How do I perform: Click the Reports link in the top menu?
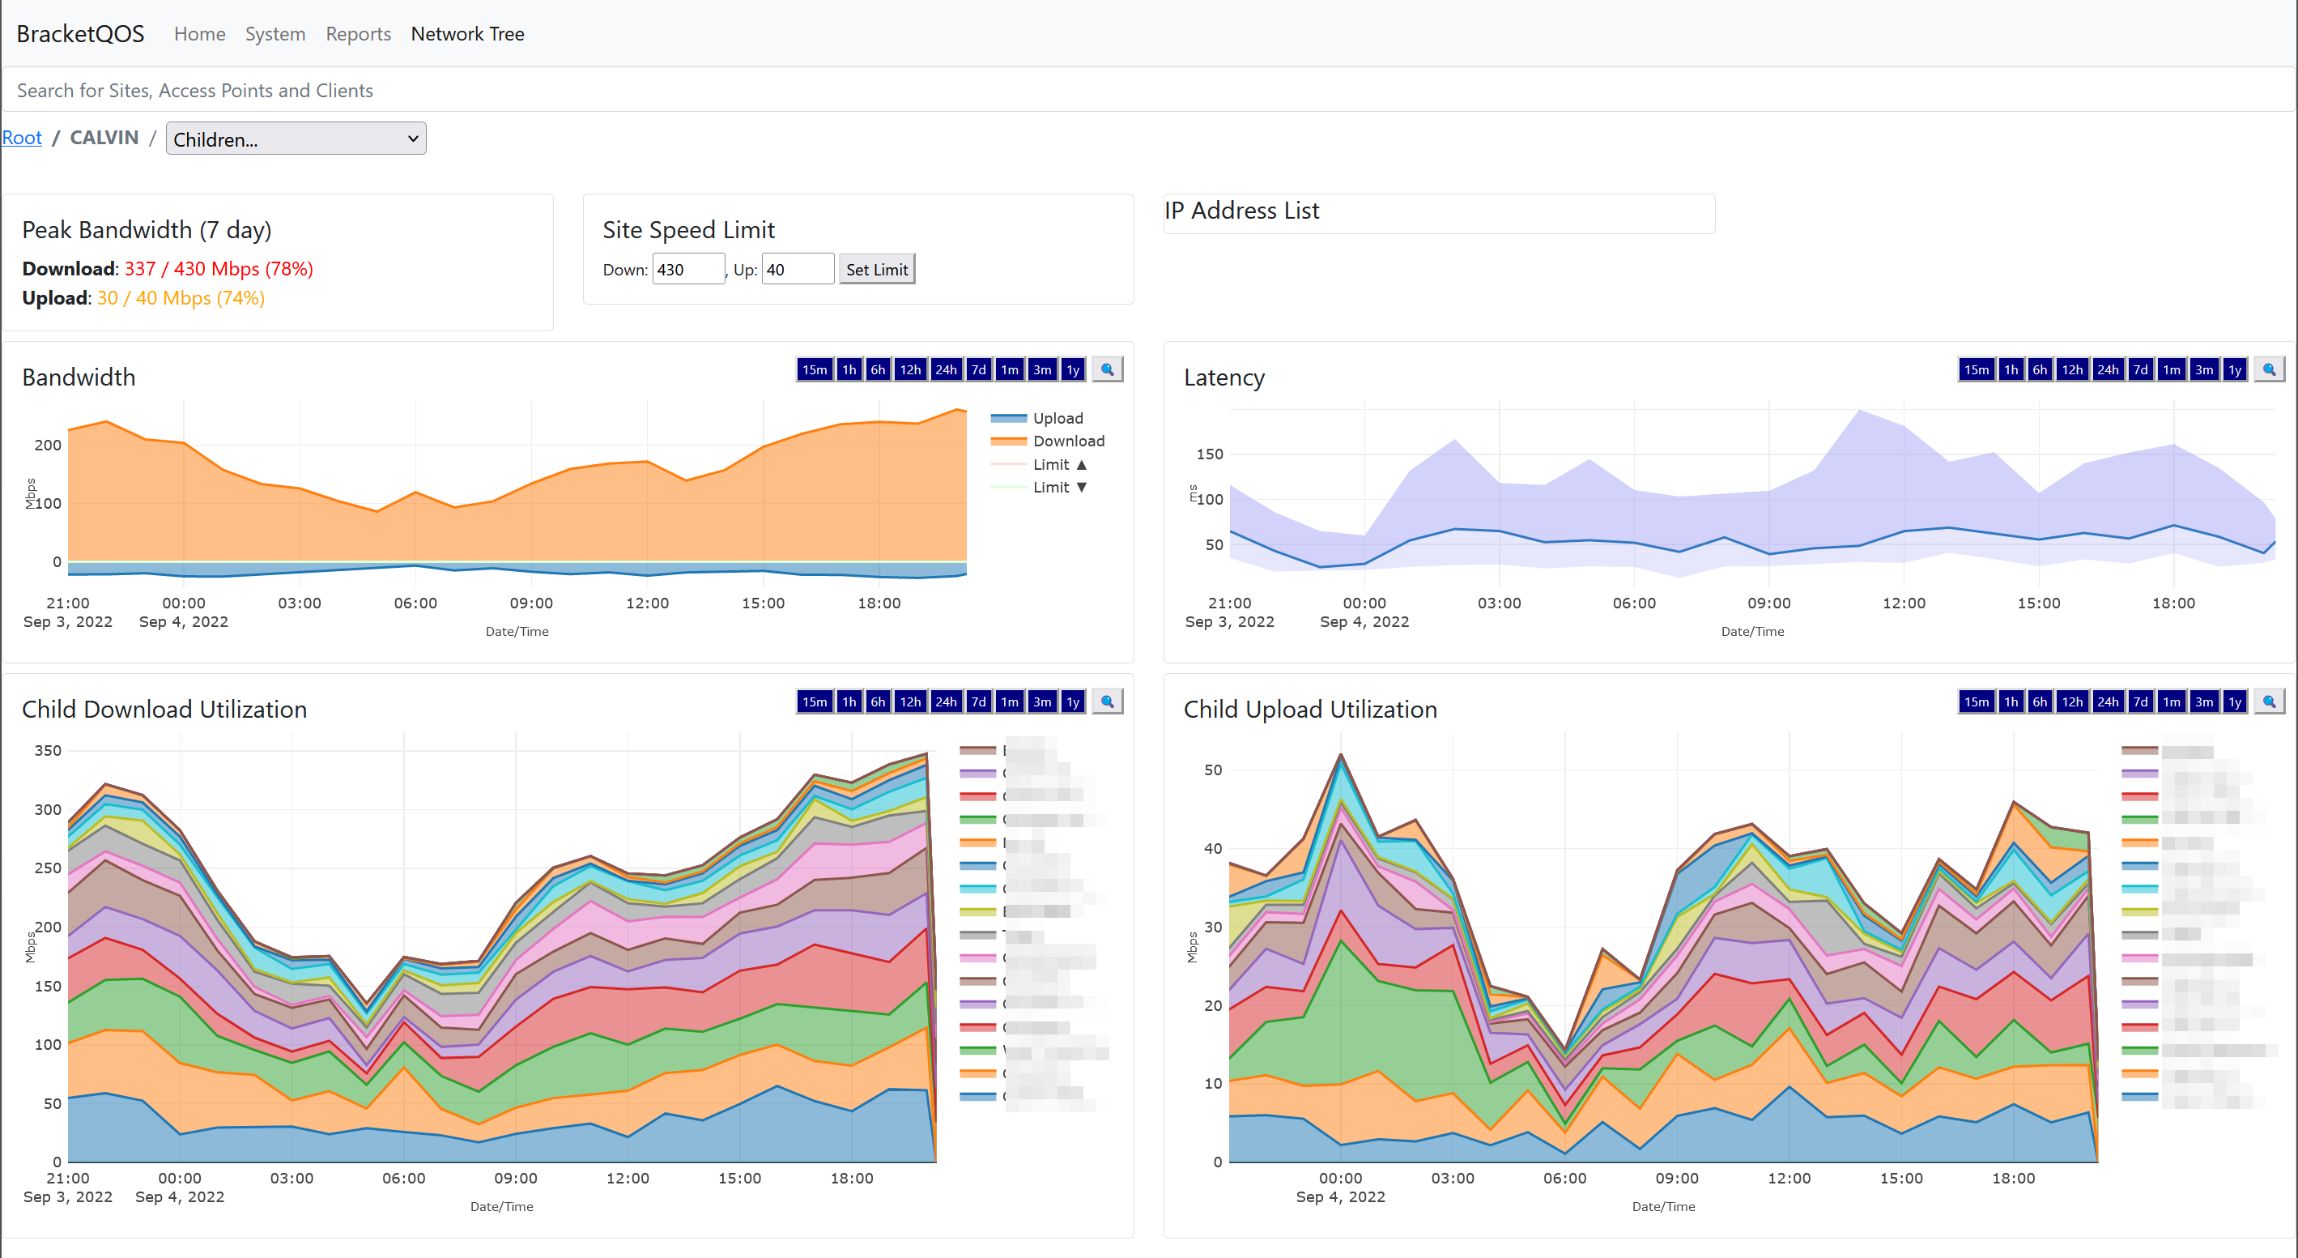click(x=358, y=34)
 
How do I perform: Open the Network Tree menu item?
click(x=467, y=34)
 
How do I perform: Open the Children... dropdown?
click(x=296, y=139)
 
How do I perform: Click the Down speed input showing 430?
click(x=687, y=270)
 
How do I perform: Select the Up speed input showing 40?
click(x=797, y=270)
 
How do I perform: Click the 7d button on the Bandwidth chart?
click(x=977, y=369)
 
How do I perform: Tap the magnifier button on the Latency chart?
click(x=2269, y=369)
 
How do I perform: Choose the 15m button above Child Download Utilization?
click(x=814, y=701)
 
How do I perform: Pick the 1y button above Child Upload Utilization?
click(x=2234, y=701)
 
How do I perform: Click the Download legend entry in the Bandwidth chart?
click(x=1068, y=441)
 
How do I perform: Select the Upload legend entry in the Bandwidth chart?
click(x=1058, y=419)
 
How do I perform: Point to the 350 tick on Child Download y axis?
click(x=47, y=750)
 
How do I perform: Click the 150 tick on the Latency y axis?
click(x=1209, y=454)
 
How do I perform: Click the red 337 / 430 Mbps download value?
click(x=219, y=269)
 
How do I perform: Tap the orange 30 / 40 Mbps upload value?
click(x=181, y=298)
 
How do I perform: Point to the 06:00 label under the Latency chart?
click(x=1633, y=603)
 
